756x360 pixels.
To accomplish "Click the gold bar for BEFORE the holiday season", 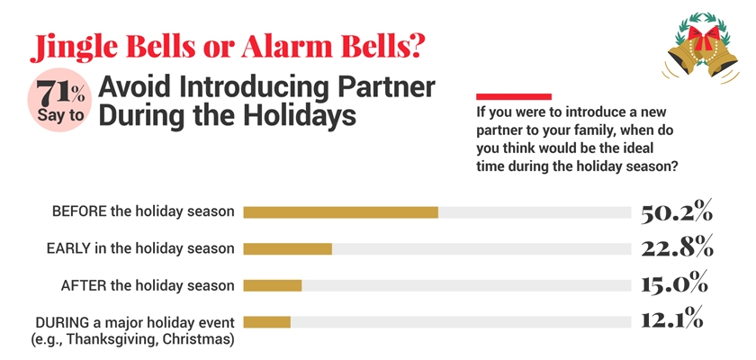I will pyautogui.click(x=340, y=212).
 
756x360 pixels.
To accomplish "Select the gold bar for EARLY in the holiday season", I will pyautogui.click(x=288, y=248).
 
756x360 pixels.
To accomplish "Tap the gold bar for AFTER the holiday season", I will pyautogui.click(x=273, y=285).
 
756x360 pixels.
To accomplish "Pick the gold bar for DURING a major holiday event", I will pyautogui.click(x=267, y=321).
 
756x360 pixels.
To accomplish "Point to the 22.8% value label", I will pyautogui.click(x=677, y=247).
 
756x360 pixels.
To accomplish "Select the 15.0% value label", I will pyautogui.click(x=675, y=284).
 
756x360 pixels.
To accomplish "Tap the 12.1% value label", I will pyautogui.click(x=672, y=320).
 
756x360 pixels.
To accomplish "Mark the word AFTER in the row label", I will pyautogui.click(x=83, y=285).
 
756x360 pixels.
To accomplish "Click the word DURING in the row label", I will pyautogui.click(x=60, y=322).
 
